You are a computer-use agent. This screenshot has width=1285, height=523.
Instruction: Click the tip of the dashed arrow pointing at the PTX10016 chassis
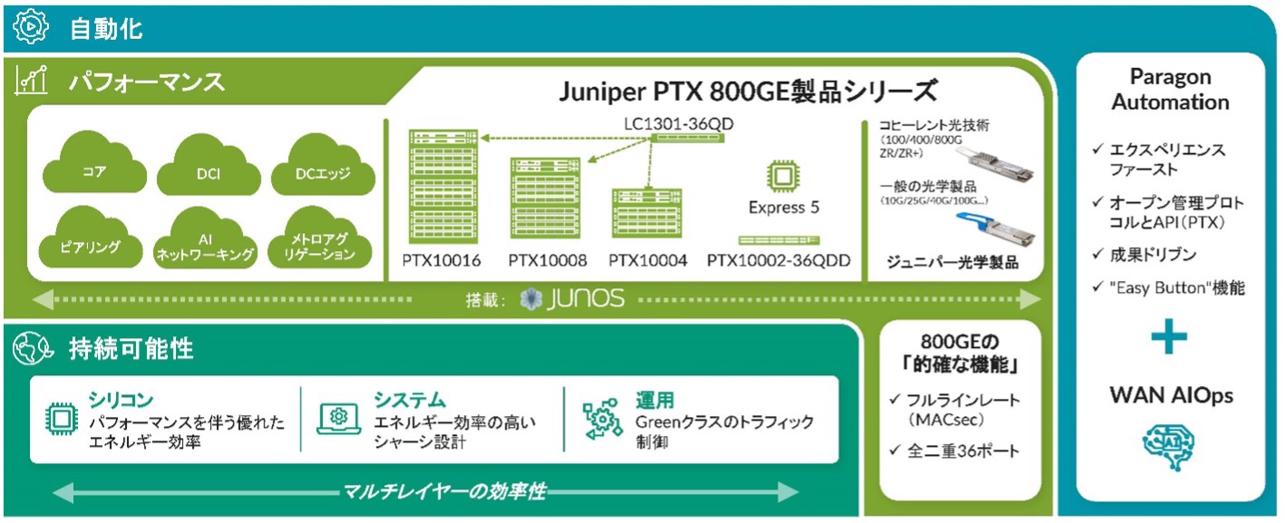pos(481,138)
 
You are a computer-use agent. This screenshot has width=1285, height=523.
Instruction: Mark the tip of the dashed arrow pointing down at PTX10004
pos(647,189)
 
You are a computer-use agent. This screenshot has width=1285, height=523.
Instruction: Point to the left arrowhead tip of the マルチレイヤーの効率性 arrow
pos(53,492)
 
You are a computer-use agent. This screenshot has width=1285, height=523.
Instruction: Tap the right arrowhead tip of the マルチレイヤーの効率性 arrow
pos(799,491)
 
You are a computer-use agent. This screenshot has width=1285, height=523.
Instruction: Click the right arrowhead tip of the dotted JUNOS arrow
pos(1041,299)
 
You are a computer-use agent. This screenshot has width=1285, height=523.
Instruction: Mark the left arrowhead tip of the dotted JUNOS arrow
pos(32,299)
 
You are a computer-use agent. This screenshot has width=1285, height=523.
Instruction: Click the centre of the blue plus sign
pos(1169,336)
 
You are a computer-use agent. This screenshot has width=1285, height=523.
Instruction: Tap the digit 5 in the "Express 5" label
pos(814,207)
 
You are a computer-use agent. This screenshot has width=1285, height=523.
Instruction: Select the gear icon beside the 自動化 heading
pos(31,27)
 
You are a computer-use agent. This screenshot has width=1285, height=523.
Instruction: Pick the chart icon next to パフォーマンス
pos(31,80)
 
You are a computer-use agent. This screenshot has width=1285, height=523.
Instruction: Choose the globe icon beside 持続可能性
pos(33,347)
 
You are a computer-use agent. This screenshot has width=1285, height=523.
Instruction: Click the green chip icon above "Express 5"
pos(783,176)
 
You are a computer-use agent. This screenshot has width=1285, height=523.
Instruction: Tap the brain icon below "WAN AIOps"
pos(1168,446)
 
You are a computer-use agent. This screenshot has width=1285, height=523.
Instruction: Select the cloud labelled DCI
pos(209,165)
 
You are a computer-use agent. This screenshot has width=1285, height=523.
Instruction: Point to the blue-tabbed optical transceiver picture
pos(995,228)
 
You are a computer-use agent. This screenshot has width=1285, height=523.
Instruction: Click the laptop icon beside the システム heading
pos(339,419)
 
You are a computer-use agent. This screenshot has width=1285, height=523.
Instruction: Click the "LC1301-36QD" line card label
pos(678,123)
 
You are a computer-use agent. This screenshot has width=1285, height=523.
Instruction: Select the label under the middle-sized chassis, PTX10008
pos(547,260)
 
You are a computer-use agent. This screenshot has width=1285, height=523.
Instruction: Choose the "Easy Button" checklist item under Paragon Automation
pos(1169,287)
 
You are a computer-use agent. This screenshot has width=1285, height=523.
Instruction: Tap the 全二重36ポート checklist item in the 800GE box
pos(955,450)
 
